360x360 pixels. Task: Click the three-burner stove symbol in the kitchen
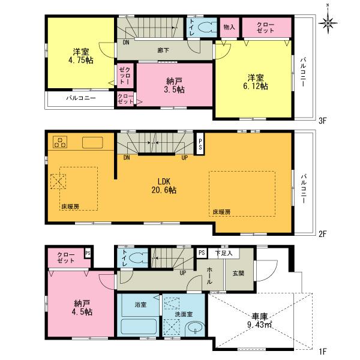pos(61,142)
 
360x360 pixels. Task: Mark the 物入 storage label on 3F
pos(229,27)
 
